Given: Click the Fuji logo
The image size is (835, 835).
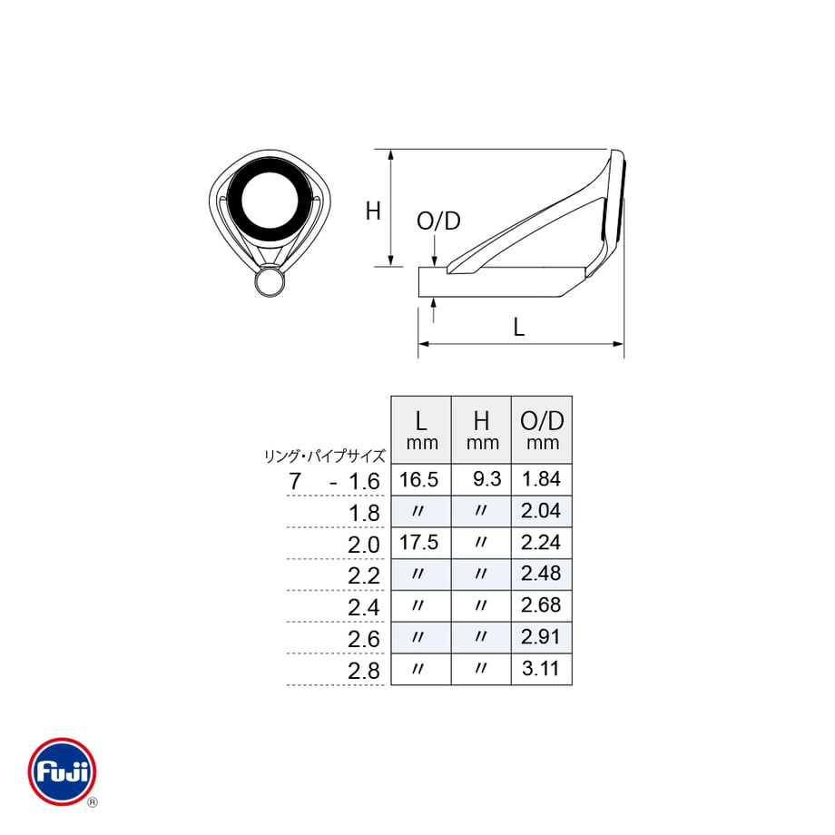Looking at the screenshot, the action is [x=63, y=771].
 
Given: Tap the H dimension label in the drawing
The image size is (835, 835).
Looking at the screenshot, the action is [x=373, y=211].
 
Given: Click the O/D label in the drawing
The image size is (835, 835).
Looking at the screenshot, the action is [x=438, y=221].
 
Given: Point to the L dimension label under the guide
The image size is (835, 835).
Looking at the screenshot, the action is [x=518, y=327].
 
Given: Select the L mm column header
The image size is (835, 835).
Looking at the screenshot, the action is [x=421, y=430].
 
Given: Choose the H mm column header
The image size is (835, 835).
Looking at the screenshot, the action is [x=482, y=430].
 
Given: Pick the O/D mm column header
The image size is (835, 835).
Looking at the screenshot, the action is [x=542, y=430].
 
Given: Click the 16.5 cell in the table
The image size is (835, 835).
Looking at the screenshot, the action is [x=418, y=479].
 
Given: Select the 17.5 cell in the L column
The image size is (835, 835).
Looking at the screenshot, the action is [x=418, y=542].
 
